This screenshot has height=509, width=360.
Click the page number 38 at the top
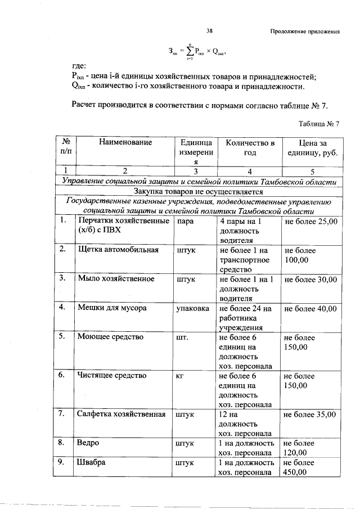209,31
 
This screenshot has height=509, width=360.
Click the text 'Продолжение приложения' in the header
305,31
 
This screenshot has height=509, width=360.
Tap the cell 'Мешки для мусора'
112,308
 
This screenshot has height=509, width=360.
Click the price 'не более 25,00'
311,222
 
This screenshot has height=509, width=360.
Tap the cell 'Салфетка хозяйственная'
121,414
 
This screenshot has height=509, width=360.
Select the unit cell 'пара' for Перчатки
185,222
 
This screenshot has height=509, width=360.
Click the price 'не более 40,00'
311,308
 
